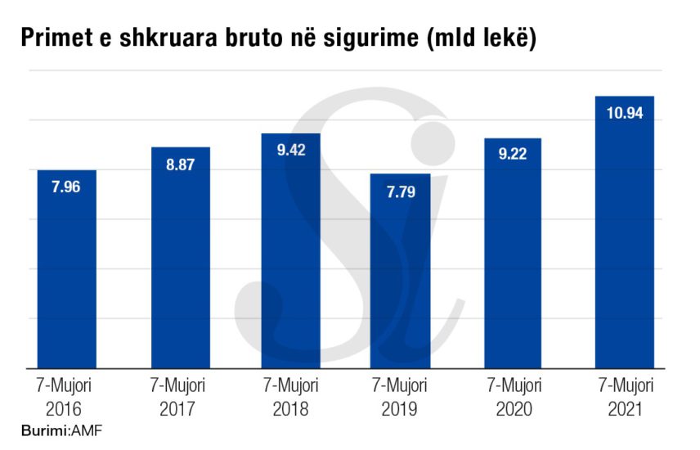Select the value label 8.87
pyautogui.click(x=181, y=164)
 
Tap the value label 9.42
pyautogui.click(x=290, y=150)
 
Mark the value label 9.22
pyautogui.click(x=513, y=155)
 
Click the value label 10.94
pyautogui.click(x=625, y=113)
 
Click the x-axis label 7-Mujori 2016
pyautogui.click(x=66, y=396)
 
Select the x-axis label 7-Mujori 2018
pyautogui.click(x=290, y=396)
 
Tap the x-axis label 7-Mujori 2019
pyautogui.click(x=401, y=396)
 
